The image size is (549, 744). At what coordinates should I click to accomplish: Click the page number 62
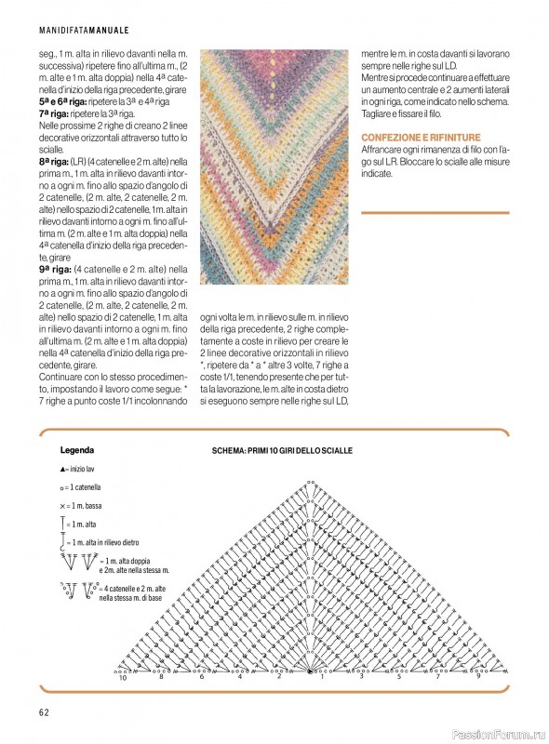click(x=43, y=712)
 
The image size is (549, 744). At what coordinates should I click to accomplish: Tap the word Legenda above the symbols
click(x=75, y=449)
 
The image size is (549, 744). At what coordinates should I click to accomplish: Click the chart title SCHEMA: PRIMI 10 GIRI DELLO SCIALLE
click(x=282, y=451)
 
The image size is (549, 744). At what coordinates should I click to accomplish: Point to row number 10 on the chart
click(x=122, y=678)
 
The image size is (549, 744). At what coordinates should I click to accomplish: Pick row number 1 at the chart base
click(x=323, y=677)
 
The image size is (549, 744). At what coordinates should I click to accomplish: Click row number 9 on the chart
click(x=478, y=677)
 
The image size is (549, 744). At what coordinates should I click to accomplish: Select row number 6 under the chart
click(x=201, y=677)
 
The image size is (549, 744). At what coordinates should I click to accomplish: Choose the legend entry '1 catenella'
click(x=84, y=487)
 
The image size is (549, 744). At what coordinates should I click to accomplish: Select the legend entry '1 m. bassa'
click(x=84, y=506)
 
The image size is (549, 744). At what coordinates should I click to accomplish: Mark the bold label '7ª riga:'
click(x=56, y=113)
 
